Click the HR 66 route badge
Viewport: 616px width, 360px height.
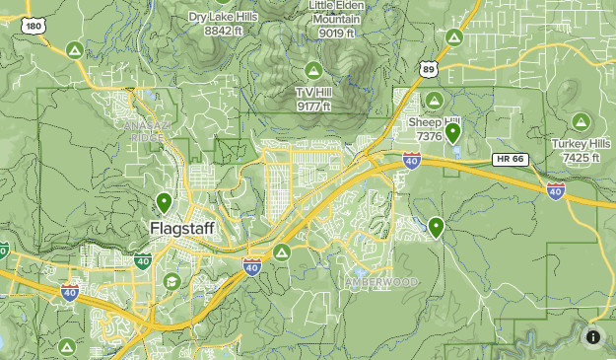coord(511,159)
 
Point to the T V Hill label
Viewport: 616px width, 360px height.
coord(313,98)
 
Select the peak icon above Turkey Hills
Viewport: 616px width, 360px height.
coord(582,122)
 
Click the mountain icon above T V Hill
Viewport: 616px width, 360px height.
coord(313,70)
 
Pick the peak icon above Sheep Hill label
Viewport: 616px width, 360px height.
coord(435,100)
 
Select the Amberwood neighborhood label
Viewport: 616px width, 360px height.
coord(381,282)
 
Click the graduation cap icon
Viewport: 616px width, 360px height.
coord(172,282)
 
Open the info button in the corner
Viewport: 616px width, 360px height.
coord(593,337)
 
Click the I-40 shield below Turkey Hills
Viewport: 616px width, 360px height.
coord(556,190)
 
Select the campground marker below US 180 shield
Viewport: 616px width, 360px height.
coord(73,50)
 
